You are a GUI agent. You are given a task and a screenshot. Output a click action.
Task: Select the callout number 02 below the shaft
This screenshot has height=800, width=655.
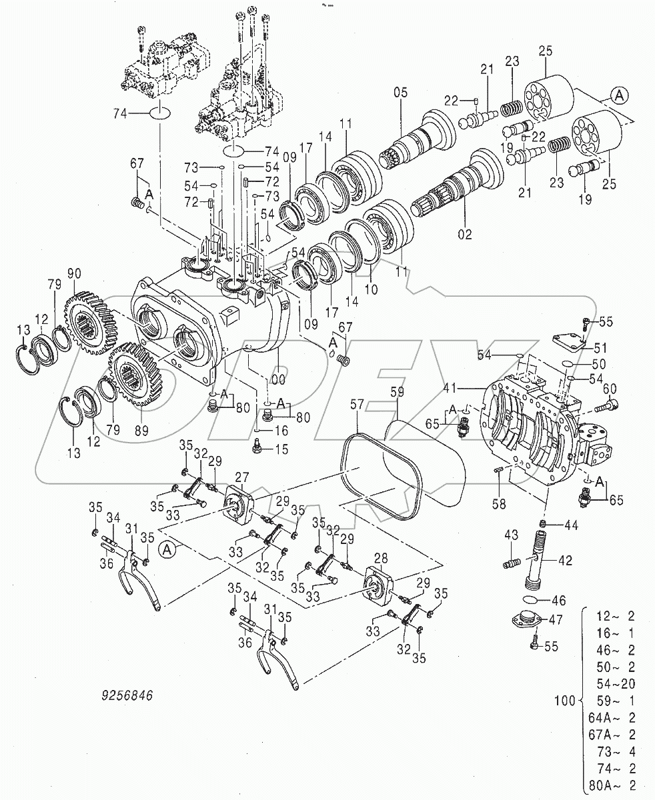pyautogui.click(x=464, y=234)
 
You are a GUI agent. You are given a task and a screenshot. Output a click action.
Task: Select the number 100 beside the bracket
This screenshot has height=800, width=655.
pyautogui.click(x=564, y=701)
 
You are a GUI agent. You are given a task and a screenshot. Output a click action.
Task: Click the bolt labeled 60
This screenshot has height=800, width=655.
pyautogui.click(x=609, y=403)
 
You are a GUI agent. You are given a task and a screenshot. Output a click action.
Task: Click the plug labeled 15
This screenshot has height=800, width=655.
pyautogui.click(x=257, y=449)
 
